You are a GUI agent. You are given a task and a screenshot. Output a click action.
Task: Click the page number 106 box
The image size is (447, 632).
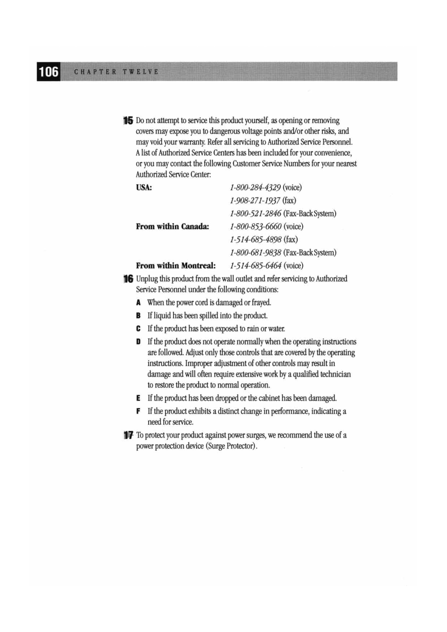pos(48,72)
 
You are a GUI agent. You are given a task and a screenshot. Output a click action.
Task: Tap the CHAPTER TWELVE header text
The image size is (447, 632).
pos(116,72)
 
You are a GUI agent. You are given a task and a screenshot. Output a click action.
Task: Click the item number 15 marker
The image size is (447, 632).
pos(128,121)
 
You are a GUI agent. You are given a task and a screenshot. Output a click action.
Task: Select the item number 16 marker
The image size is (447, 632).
pos(128,279)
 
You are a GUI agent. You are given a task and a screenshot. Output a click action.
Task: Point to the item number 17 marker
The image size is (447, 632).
pos(128,436)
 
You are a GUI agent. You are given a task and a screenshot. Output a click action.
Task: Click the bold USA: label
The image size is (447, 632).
pos(144,188)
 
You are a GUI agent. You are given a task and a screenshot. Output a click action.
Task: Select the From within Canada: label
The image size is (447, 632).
pos(173,227)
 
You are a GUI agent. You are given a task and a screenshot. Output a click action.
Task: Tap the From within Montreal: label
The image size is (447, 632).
pos(176,266)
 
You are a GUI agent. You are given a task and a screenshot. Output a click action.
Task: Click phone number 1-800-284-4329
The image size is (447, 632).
pos(255,188)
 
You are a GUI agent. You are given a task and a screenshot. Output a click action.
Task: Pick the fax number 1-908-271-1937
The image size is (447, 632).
pos(255,201)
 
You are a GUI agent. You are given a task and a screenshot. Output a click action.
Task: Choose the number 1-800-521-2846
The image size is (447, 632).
pos(256,214)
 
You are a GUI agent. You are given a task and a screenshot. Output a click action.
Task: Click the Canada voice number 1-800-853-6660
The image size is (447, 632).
pos(256,227)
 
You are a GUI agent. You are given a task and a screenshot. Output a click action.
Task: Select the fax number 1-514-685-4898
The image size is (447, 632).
pos(256,239)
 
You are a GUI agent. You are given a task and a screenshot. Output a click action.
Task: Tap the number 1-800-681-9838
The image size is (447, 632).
pos(256,253)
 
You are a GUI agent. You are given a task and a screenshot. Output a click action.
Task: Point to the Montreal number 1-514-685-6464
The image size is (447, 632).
pos(256,266)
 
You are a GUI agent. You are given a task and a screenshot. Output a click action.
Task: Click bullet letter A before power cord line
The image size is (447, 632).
pos(139,303)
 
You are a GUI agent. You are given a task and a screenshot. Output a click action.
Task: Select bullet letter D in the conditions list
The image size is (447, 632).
pos(139,342)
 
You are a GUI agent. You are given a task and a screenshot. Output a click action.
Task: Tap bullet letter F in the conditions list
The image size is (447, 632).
pos(139,412)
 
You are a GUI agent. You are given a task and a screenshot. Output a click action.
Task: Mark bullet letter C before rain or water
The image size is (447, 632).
pos(139,329)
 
